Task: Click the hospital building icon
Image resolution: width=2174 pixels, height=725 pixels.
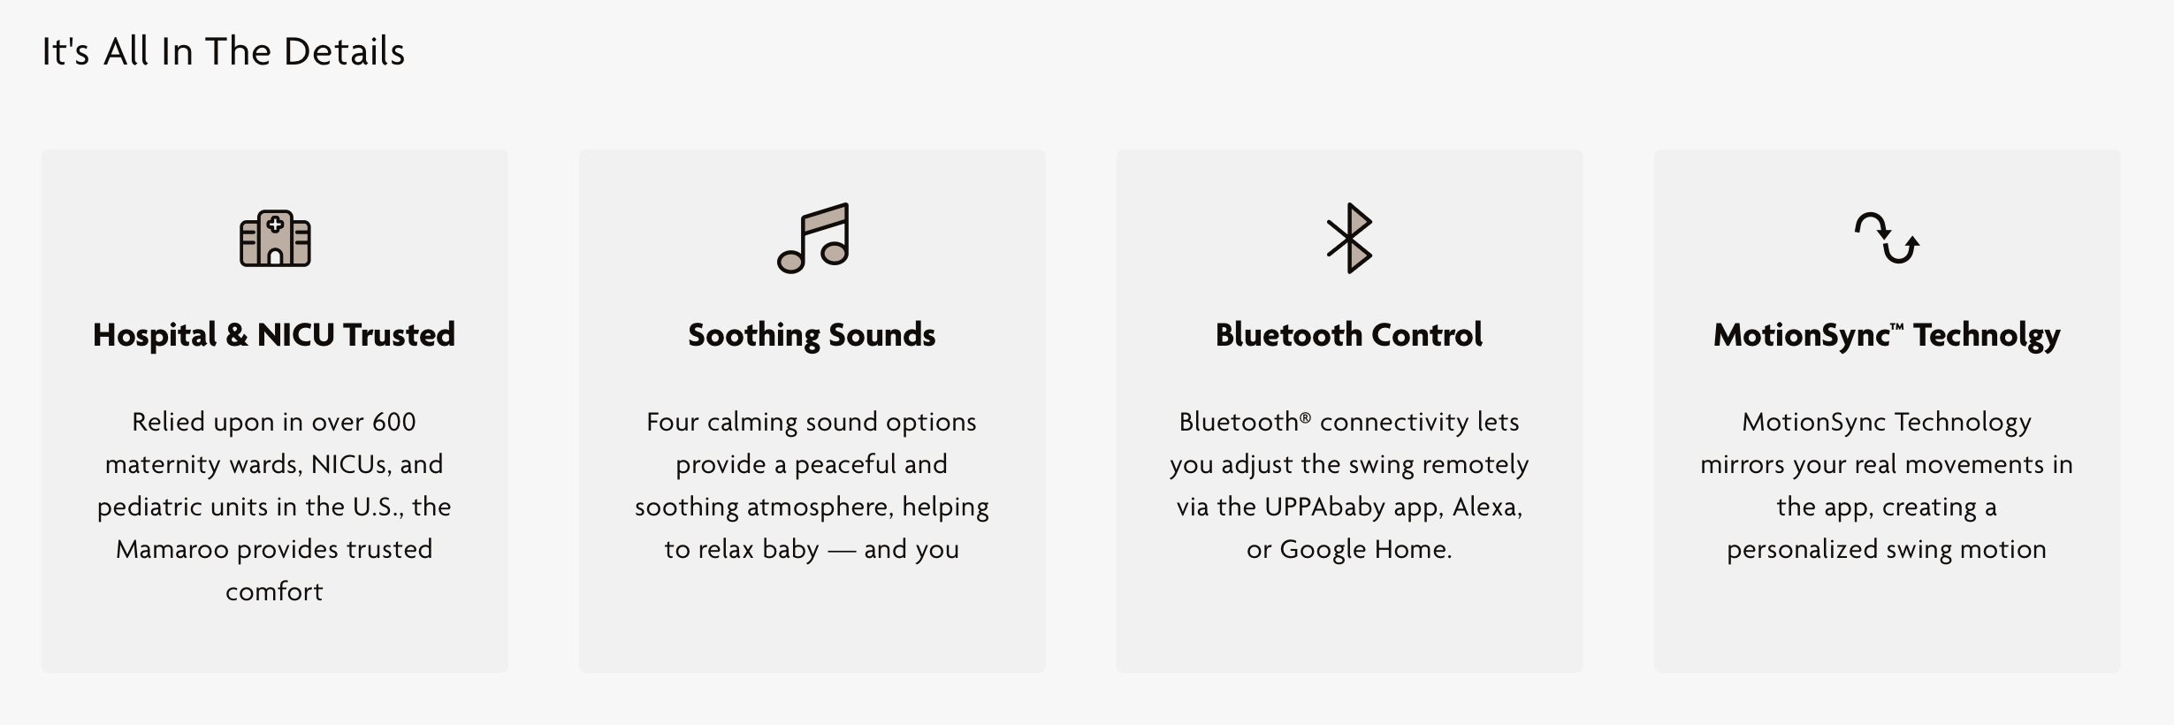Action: (x=275, y=238)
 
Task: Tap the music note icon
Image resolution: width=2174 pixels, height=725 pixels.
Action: (x=813, y=238)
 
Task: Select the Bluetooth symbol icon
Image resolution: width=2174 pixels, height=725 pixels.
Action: (x=1349, y=238)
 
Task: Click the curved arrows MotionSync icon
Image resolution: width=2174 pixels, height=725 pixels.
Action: (x=1887, y=238)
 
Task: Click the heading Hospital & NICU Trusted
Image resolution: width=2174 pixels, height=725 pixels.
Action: (x=274, y=335)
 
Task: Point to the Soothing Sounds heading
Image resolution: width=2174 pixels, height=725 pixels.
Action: (x=812, y=335)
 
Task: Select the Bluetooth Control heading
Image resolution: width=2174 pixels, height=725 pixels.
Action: (x=1349, y=335)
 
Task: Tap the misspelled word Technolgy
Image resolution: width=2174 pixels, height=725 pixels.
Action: (x=1987, y=336)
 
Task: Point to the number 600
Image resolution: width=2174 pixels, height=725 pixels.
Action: (x=393, y=422)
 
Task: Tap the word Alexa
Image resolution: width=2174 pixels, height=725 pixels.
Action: (x=1487, y=507)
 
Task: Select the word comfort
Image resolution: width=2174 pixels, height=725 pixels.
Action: (x=274, y=591)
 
